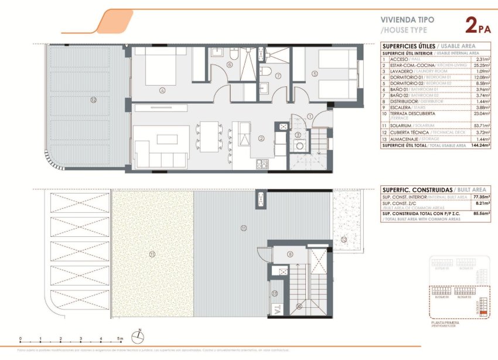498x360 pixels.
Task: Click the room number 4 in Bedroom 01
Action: (161, 90)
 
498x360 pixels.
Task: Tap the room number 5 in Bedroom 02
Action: (315, 73)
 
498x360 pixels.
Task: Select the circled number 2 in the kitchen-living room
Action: (261, 138)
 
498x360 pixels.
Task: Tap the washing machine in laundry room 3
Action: (299, 147)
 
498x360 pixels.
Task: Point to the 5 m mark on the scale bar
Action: (121, 339)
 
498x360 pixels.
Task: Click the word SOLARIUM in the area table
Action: (397, 125)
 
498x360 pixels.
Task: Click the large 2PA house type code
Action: (477, 25)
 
